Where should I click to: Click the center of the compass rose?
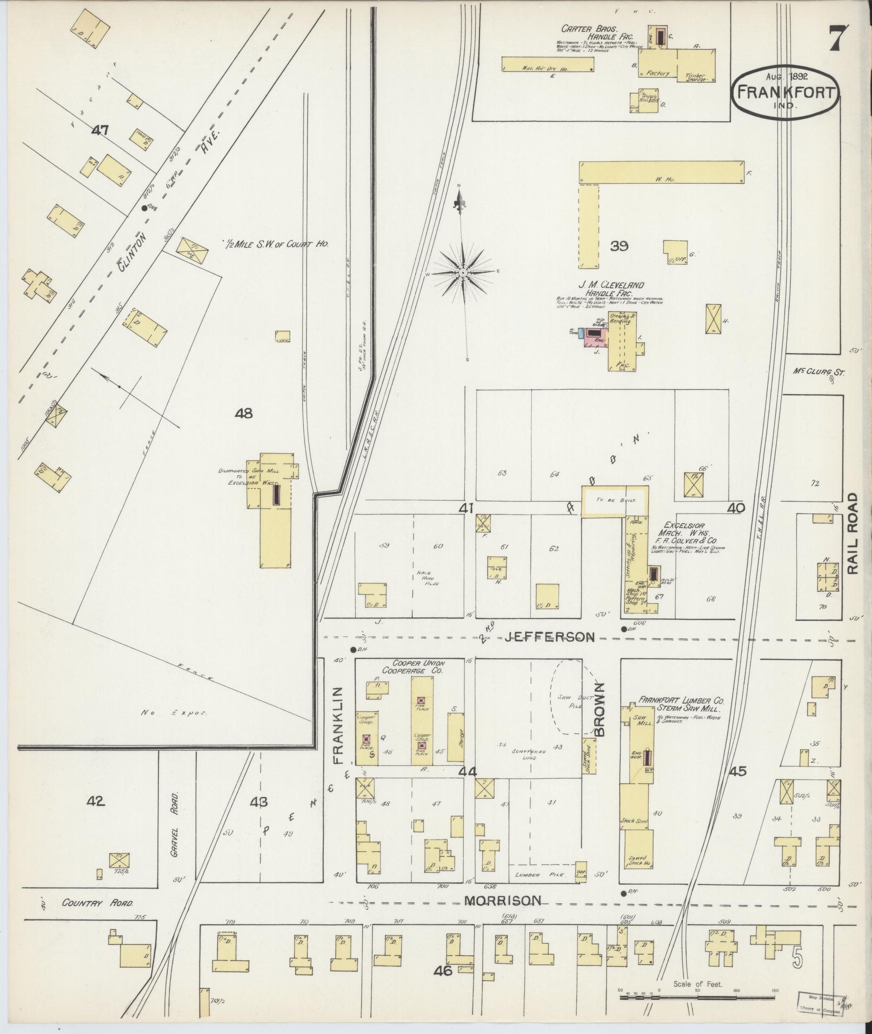point(463,273)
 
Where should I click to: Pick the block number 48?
point(244,413)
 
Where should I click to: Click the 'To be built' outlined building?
point(615,501)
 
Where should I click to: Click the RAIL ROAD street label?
point(853,533)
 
